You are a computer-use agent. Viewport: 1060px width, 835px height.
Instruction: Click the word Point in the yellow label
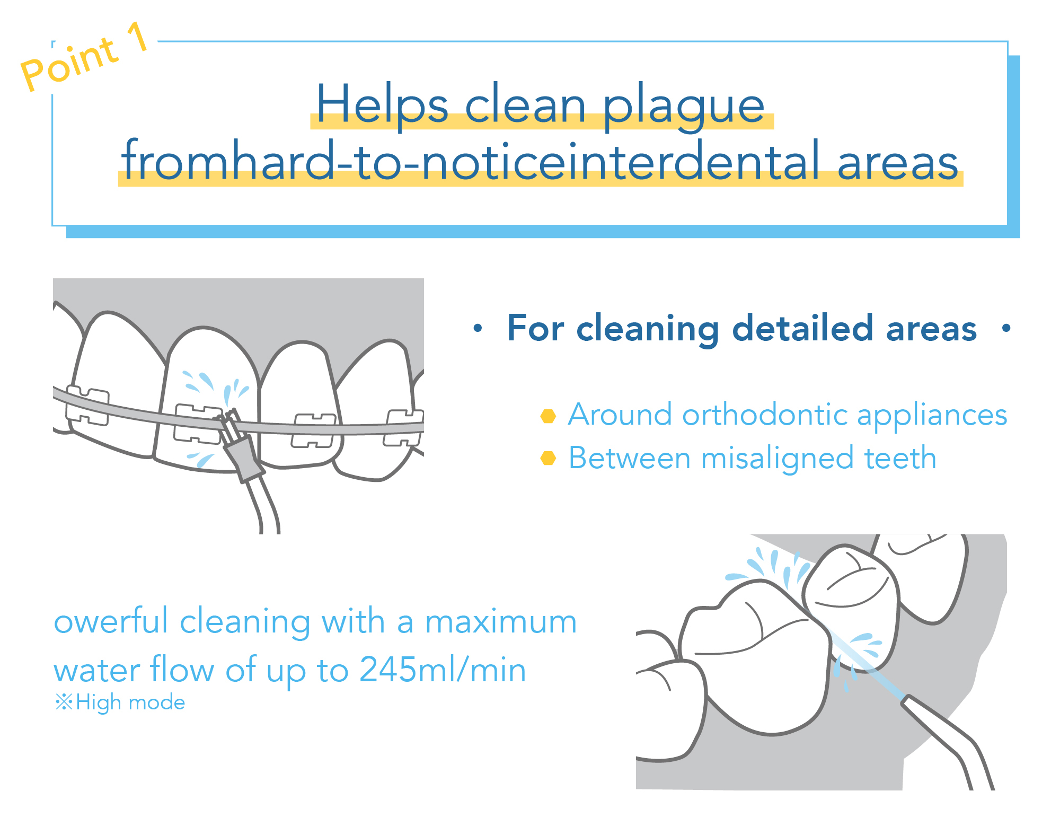[x=69, y=65]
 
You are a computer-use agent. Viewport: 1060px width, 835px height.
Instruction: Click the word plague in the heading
[x=684, y=106]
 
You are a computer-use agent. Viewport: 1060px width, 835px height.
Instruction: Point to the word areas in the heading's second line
[x=898, y=162]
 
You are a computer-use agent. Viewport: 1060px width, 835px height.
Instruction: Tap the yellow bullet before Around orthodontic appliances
[x=548, y=416]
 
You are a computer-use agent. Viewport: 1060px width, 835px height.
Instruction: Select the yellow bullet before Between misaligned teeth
[x=548, y=458]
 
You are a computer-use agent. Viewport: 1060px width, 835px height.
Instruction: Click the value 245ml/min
[x=443, y=669]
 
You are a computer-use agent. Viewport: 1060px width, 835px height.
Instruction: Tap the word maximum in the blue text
[x=501, y=621]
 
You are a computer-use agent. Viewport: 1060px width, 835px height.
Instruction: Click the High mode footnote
[x=120, y=702]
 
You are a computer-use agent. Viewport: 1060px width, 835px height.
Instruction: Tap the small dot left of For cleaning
[x=478, y=328]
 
